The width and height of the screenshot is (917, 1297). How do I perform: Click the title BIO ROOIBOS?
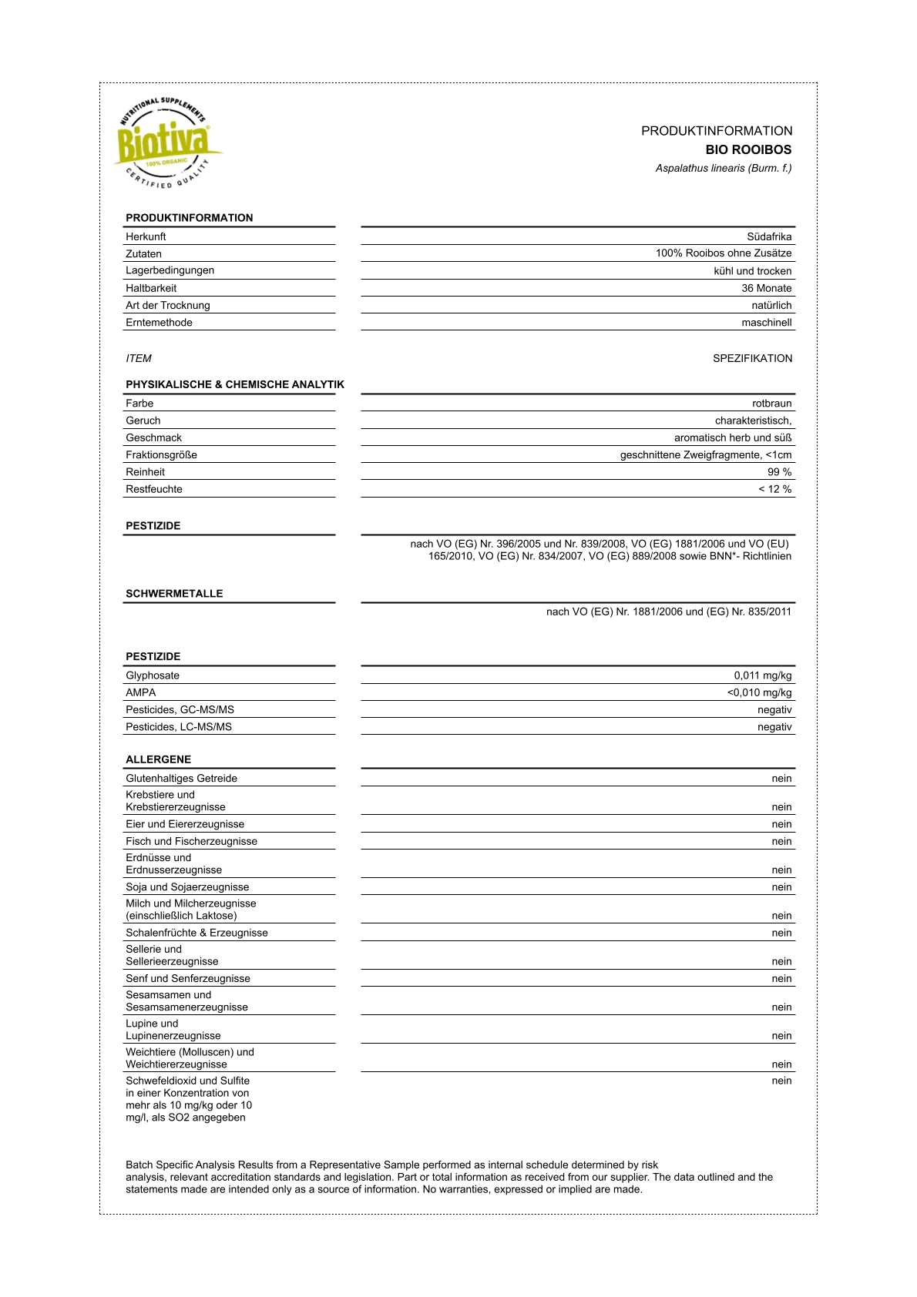tap(748, 149)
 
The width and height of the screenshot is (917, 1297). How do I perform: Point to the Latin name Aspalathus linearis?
tap(723, 168)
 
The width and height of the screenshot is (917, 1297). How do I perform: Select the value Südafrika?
tap(769, 236)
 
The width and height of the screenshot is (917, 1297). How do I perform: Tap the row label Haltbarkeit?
tap(151, 288)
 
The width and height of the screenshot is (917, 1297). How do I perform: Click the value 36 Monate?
tap(766, 288)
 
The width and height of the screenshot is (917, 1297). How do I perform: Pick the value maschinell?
tap(766, 323)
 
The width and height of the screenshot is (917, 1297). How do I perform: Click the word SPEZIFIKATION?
tap(752, 358)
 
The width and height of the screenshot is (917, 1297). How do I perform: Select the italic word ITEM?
tap(139, 358)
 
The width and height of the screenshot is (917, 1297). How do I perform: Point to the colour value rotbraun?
tap(771, 404)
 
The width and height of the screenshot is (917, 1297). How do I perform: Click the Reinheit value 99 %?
tap(779, 472)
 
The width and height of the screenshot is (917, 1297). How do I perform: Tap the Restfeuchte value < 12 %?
tap(774, 489)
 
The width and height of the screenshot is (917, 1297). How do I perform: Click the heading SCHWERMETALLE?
tap(174, 594)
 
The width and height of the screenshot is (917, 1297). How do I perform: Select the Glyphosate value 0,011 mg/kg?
tap(762, 675)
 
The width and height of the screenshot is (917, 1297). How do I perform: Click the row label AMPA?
tap(141, 692)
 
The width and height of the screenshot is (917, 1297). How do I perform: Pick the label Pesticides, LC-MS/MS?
tap(179, 727)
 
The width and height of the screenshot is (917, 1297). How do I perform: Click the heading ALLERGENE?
tap(158, 759)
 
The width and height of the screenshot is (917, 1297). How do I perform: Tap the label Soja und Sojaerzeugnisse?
tap(187, 887)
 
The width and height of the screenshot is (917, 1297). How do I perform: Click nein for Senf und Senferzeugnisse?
tap(781, 979)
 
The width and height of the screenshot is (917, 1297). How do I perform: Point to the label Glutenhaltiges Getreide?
tap(181, 779)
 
